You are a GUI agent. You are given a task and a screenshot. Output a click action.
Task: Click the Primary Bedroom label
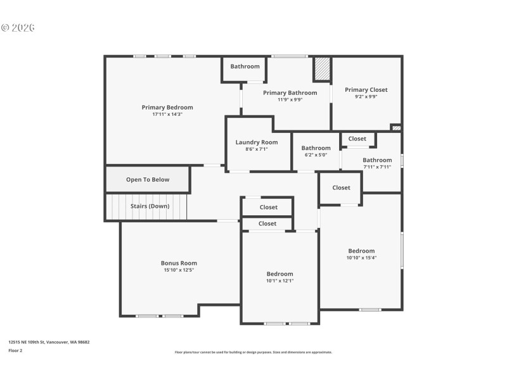[167, 107]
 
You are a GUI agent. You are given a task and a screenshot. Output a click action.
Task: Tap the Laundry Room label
[257, 142]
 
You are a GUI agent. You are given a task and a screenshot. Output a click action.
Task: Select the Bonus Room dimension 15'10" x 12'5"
[179, 270]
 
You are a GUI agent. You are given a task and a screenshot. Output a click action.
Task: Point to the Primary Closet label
[366, 90]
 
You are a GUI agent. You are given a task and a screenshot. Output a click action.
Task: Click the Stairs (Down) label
[150, 206]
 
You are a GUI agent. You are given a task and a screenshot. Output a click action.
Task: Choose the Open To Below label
[148, 179]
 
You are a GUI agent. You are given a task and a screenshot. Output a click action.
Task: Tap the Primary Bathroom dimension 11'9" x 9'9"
[290, 99]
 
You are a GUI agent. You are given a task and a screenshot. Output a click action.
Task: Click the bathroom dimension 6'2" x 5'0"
[316, 155]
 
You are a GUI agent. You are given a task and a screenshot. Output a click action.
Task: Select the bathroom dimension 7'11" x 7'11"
[377, 167]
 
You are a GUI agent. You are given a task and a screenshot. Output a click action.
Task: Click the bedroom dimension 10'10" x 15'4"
[361, 258]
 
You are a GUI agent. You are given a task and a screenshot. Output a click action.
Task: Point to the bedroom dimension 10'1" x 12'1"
[279, 281]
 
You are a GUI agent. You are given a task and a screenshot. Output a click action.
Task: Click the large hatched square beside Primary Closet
[323, 69]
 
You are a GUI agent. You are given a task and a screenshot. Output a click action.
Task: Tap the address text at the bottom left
[49, 342]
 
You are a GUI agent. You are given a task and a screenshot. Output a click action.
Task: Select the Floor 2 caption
[15, 350]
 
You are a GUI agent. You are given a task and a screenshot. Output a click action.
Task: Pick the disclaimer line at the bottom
[253, 352]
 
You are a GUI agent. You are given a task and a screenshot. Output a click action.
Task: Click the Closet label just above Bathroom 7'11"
[357, 139]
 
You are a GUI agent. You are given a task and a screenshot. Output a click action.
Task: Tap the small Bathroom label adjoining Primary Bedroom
[245, 66]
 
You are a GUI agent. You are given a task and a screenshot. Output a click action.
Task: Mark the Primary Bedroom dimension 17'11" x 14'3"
[167, 114]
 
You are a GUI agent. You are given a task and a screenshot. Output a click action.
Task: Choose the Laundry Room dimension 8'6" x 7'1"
[257, 149]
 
